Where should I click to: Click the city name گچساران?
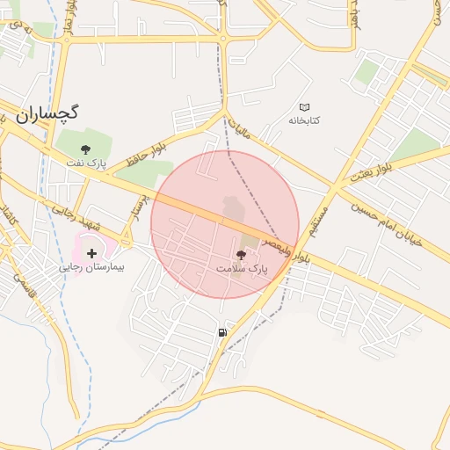click(x=47, y=113)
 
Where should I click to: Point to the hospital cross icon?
click(x=91, y=252)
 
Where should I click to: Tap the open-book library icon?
click(x=305, y=107)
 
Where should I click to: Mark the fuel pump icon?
click(x=221, y=332)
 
